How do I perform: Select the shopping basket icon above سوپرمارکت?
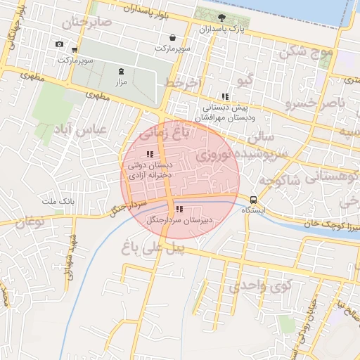pyautogui.click(x=172, y=38)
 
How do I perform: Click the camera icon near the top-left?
pyautogui.click(x=59, y=44)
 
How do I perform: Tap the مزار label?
pyautogui.click(x=120, y=82)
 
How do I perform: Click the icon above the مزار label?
pyautogui.click(x=120, y=70)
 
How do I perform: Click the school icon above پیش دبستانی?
pyautogui.click(x=224, y=96)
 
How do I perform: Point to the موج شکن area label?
pyautogui.click(x=306, y=51)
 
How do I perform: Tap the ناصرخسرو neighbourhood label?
pyautogui.click(x=316, y=104)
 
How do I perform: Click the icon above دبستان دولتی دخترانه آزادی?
pyautogui.click(x=148, y=154)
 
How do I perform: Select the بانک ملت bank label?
pyautogui.click(x=59, y=202)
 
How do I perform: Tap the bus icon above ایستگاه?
pyautogui.click(x=253, y=199)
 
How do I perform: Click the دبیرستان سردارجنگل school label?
pyautogui.click(x=179, y=220)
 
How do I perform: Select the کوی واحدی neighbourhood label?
pyautogui.click(x=261, y=286)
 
